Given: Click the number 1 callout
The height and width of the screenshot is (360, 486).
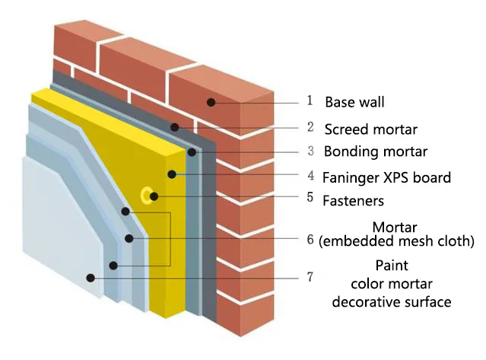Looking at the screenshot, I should (x=310, y=100).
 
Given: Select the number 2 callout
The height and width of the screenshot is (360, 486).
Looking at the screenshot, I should (x=310, y=127).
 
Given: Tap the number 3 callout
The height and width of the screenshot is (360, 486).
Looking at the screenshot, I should (x=310, y=151).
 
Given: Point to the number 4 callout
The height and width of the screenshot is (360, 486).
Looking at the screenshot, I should (x=310, y=176).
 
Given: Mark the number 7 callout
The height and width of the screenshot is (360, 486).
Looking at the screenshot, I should (x=310, y=277).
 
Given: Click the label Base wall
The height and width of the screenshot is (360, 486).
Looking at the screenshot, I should (x=356, y=101).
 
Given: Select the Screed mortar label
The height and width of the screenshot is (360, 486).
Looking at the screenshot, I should (x=370, y=128).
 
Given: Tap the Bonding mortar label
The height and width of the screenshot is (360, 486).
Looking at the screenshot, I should (x=376, y=151).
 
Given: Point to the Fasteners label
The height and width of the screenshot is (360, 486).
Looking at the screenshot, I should (x=352, y=202).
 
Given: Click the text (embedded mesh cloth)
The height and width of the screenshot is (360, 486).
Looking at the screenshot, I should (x=396, y=241).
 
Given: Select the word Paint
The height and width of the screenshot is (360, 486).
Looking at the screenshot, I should (x=392, y=266).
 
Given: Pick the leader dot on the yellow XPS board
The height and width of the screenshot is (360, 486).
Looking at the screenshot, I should (x=173, y=174).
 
